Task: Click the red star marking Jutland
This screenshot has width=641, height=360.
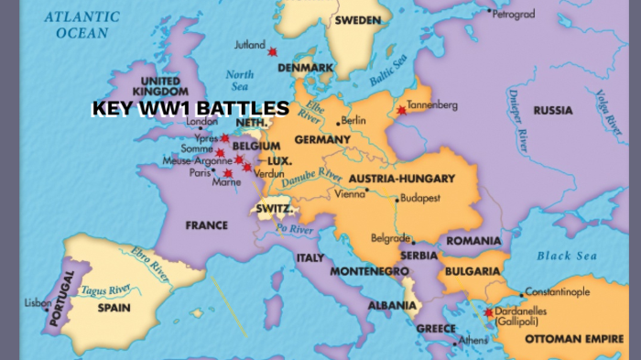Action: coord(272,51)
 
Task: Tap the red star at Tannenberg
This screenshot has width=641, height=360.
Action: coord(400,112)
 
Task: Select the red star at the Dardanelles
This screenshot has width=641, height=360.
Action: coord(488,312)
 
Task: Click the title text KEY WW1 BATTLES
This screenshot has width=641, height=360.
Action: coord(190,109)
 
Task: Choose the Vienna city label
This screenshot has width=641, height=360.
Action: coord(349,193)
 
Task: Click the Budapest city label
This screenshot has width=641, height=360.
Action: coord(420,198)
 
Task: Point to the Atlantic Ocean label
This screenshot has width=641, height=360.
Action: coord(82,25)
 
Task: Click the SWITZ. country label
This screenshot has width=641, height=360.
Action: coord(275,209)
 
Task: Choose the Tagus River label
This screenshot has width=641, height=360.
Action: coord(103,290)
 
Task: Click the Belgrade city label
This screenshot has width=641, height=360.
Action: coord(390,238)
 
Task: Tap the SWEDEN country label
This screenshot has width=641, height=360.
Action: coord(358,20)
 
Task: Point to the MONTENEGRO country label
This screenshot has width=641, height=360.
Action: coord(368,271)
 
